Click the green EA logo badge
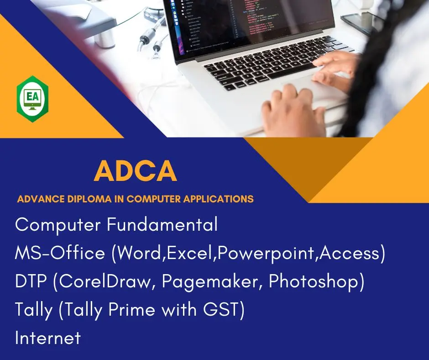32,99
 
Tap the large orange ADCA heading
136,171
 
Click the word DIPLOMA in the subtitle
89,199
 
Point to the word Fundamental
162,224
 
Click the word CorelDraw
105,281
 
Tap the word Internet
48,338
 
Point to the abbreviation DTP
31,281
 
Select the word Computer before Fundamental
58,225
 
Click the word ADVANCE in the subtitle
41,199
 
